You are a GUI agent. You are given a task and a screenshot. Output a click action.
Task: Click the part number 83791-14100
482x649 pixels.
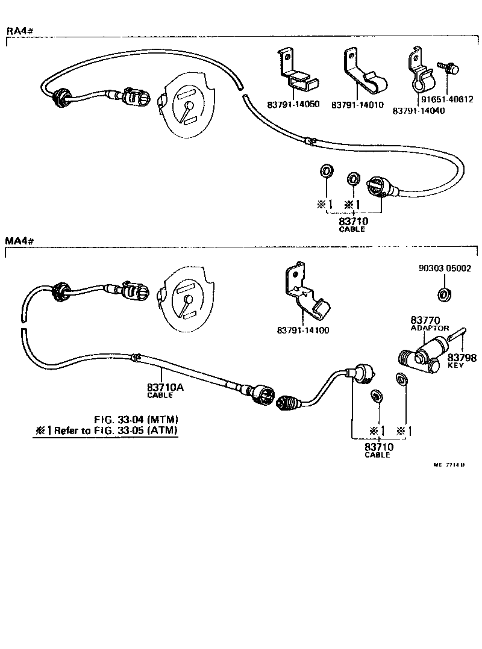303,331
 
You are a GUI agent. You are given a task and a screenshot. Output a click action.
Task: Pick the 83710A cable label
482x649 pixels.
164,388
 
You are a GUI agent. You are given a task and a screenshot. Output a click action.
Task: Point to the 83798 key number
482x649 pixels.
462,358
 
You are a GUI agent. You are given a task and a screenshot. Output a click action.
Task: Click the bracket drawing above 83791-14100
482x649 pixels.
305,293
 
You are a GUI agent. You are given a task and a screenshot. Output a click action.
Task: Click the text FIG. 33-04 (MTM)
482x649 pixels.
136,419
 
